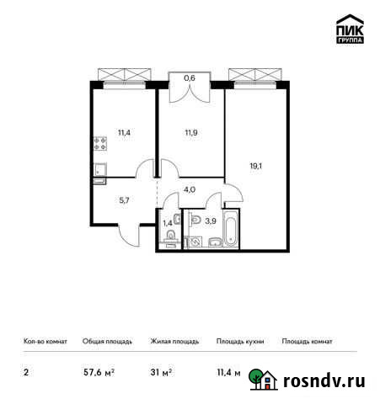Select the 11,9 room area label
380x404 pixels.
point(190,132)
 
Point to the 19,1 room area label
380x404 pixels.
point(256,167)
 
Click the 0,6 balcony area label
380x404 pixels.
point(190,78)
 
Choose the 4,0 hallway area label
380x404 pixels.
point(190,189)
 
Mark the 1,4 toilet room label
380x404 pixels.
point(167,222)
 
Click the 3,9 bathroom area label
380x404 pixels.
point(210,221)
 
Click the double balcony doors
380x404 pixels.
point(190,93)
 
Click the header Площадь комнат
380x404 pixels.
point(307,342)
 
